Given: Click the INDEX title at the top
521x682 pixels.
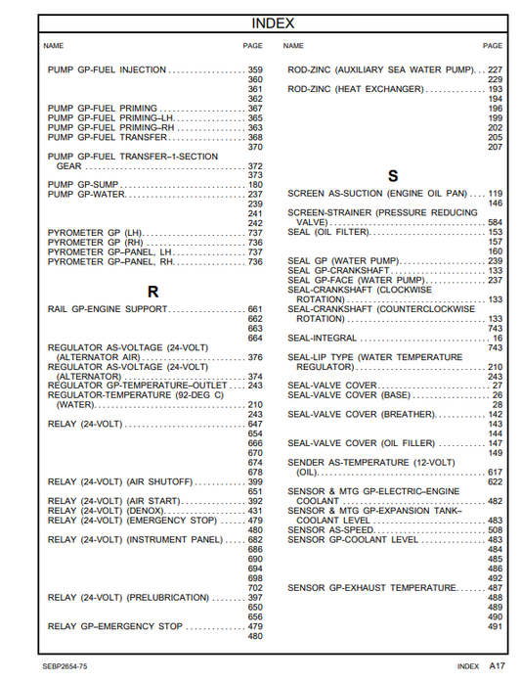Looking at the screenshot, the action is (x=273, y=23).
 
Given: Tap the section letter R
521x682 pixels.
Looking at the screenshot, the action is (x=152, y=292).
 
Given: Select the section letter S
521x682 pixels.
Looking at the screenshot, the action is (x=393, y=177).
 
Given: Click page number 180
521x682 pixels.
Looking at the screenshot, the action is (x=255, y=185).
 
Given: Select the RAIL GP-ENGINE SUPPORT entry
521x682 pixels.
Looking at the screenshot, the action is (x=108, y=309).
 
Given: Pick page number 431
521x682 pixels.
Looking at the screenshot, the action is (x=255, y=511).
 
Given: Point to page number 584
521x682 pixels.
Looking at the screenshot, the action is (x=495, y=223).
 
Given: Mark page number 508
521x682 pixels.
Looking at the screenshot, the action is (x=495, y=530).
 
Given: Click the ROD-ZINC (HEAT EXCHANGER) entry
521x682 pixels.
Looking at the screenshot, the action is (x=355, y=89).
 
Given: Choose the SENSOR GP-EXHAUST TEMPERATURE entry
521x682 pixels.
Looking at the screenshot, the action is (x=371, y=587).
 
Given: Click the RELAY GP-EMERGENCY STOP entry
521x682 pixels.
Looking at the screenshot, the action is (x=114, y=626).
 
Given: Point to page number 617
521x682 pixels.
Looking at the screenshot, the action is (x=495, y=473).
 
